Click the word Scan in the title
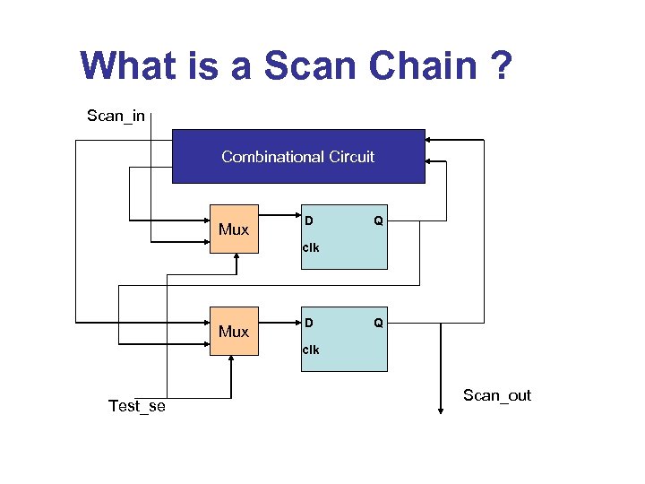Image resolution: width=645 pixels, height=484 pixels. click(x=307, y=66)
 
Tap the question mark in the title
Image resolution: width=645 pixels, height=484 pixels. click(x=502, y=66)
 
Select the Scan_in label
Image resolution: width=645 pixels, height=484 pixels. click(x=116, y=116)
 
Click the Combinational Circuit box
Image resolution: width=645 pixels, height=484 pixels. click(x=298, y=157)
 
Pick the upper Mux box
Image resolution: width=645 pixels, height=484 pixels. click(x=234, y=229)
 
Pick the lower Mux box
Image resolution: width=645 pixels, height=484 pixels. click(x=234, y=332)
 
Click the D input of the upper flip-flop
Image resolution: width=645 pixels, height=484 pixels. click(x=308, y=220)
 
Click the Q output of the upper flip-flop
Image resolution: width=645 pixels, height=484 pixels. click(x=378, y=220)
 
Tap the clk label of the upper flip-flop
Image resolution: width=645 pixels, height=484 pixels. click(x=310, y=247)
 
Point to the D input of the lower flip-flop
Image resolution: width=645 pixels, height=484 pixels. click(x=308, y=322)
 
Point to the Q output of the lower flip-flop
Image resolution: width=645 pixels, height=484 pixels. click(x=378, y=322)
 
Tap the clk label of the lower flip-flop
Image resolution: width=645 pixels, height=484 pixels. click(x=310, y=350)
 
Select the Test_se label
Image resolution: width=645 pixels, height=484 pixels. click(x=137, y=406)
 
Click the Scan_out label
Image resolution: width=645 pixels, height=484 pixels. click(x=496, y=395)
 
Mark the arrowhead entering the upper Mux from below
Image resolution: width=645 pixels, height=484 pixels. click(x=236, y=258)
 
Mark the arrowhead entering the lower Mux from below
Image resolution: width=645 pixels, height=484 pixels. click(x=232, y=360)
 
